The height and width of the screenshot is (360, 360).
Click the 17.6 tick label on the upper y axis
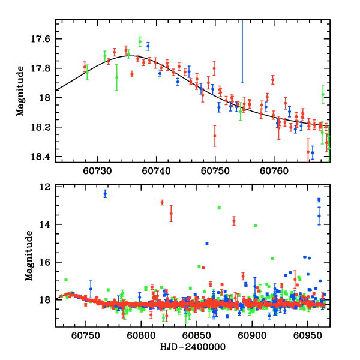pyautogui.click(x=41, y=39)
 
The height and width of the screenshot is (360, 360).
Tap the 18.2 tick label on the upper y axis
pyautogui.click(x=41, y=127)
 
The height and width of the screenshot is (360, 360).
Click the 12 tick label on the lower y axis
pyautogui.click(x=46, y=187)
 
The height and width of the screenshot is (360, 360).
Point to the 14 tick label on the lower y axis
pyautogui.click(x=46, y=225)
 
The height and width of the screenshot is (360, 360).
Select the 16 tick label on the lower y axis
pyautogui.click(x=46, y=263)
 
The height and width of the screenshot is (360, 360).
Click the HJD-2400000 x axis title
pyautogui.click(x=193, y=347)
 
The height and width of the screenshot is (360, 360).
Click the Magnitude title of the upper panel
pyautogui.click(x=21, y=91)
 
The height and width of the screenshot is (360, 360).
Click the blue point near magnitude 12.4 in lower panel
pyautogui.click(x=105, y=193)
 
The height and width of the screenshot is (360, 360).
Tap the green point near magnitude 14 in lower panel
pyautogui.click(x=256, y=225)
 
